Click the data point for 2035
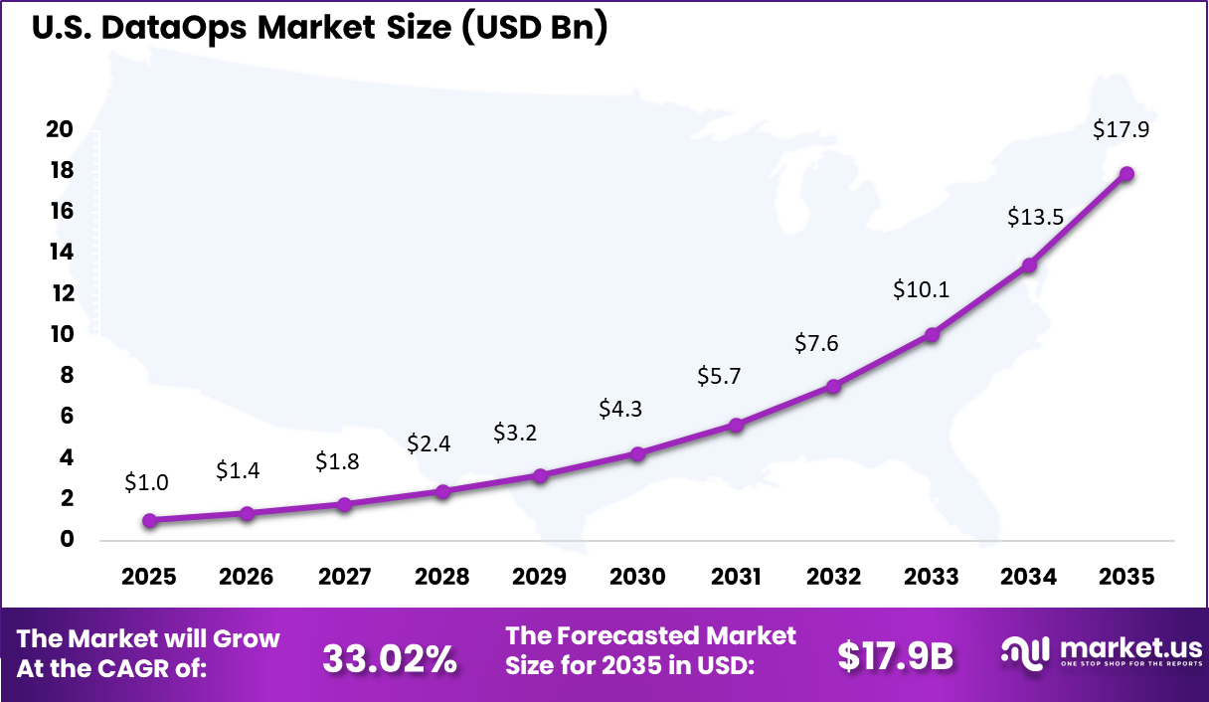tap(1126, 174)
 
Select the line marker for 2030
tap(638, 453)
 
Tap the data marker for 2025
tap(149, 520)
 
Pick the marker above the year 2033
tap(932, 335)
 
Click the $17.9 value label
tap(1121, 129)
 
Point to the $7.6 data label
tap(816, 343)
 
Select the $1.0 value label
tap(147, 482)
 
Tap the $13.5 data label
tap(1029, 216)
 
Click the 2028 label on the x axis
tap(442, 578)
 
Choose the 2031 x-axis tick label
tap(736, 578)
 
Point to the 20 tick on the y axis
tap(60, 129)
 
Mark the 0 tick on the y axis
tap(68, 540)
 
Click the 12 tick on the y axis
tap(60, 293)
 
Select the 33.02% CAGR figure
tap(390, 657)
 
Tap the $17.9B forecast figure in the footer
tap(895, 656)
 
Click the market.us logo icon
tap(1025, 651)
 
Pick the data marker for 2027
tap(345, 504)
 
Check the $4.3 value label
tap(620, 409)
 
